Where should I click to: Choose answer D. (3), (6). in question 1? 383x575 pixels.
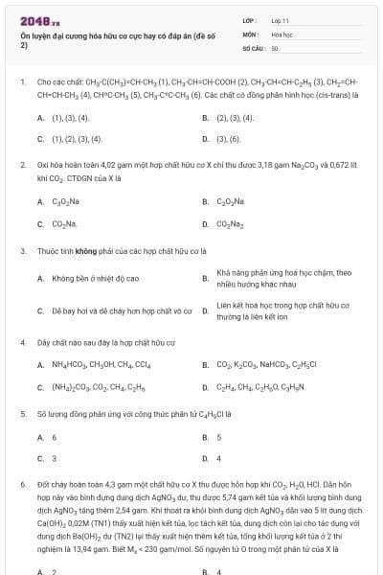tap(228, 138)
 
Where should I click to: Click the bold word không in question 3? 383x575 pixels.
tap(89, 250)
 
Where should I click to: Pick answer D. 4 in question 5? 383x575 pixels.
tap(219, 458)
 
